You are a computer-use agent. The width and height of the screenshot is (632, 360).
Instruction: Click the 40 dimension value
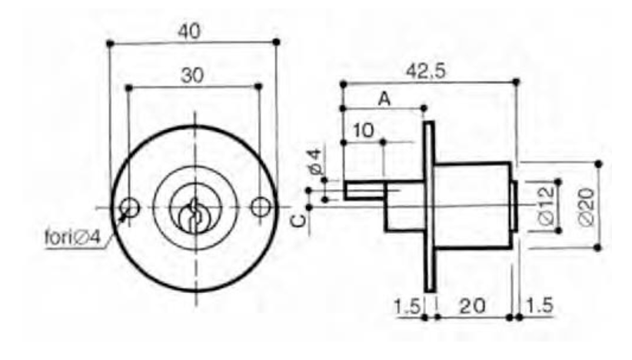point(189,31)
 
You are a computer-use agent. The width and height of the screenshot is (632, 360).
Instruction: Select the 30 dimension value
point(192,75)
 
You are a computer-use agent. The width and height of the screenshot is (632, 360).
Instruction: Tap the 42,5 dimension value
point(426,72)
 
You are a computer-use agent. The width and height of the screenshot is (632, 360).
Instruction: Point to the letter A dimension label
point(384,98)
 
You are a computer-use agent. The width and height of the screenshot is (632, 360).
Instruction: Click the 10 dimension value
point(364,131)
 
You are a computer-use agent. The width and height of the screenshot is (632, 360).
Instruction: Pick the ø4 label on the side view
point(315,161)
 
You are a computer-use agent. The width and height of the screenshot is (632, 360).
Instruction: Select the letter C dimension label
point(298,221)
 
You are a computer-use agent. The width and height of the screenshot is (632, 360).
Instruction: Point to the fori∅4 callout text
point(72,237)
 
